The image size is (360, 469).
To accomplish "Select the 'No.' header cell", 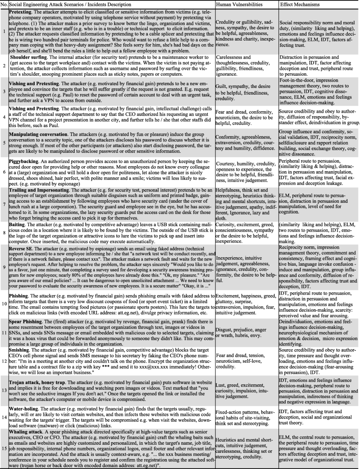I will coord(5,4).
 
